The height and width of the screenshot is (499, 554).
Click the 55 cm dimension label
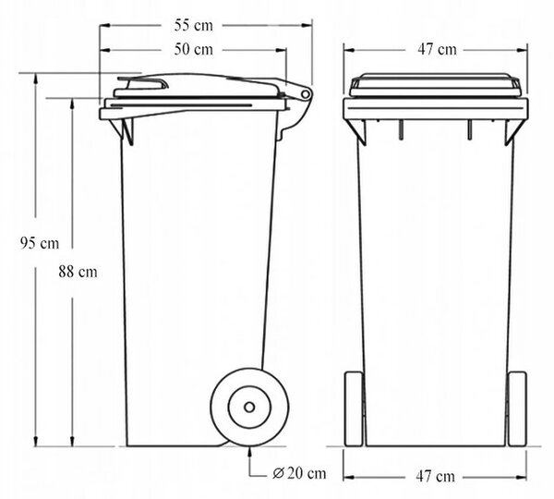coord(194,26)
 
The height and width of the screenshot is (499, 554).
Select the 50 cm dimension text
coord(194,50)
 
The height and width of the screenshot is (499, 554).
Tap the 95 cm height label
coord(39,243)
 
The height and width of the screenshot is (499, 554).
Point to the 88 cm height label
coord(78,272)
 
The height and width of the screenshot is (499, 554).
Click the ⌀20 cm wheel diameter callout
coord(299,473)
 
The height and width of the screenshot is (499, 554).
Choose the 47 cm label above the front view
coord(437,50)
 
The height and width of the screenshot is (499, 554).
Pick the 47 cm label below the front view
coord(435,477)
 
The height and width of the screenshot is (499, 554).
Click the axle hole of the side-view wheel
coord(249,408)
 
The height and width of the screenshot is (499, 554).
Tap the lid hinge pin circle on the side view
coord(305,94)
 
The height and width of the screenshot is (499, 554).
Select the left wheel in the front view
coord(354,408)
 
